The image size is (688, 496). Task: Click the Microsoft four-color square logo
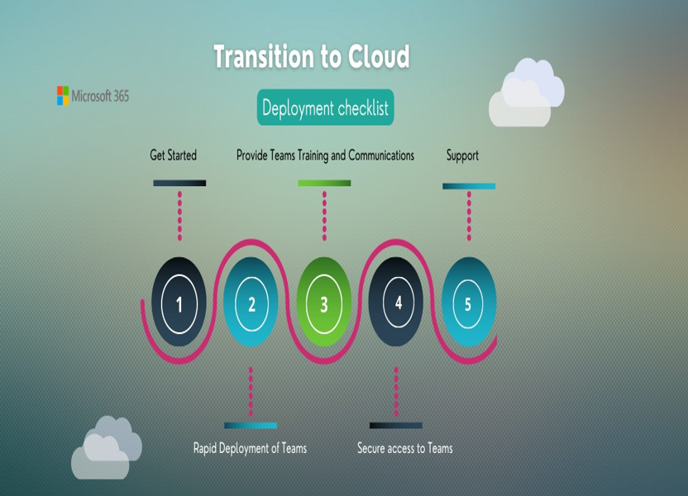[63, 96]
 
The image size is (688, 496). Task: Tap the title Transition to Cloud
[312, 56]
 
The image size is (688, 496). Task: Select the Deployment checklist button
[325, 107]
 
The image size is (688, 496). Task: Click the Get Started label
[174, 155]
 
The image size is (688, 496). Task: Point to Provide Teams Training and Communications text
[325, 155]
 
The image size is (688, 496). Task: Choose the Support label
[462, 155]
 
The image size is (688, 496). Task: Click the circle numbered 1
[179, 303]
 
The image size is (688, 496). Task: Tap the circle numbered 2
[251, 303]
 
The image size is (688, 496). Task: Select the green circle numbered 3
[324, 303]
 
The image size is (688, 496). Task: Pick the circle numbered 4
[396, 303]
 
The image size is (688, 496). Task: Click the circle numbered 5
[469, 303]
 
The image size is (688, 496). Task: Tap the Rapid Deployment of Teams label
[250, 448]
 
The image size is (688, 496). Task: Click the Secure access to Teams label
[405, 448]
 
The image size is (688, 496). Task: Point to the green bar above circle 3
[324, 183]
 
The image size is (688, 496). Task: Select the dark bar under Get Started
[179, 183]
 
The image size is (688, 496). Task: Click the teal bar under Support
[469, 186]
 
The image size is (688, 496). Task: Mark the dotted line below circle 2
[251, 392]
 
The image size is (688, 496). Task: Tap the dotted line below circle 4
[396, 392]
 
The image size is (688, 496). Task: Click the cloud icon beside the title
[527, 93]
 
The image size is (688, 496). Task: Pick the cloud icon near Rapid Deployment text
[107, 448]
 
